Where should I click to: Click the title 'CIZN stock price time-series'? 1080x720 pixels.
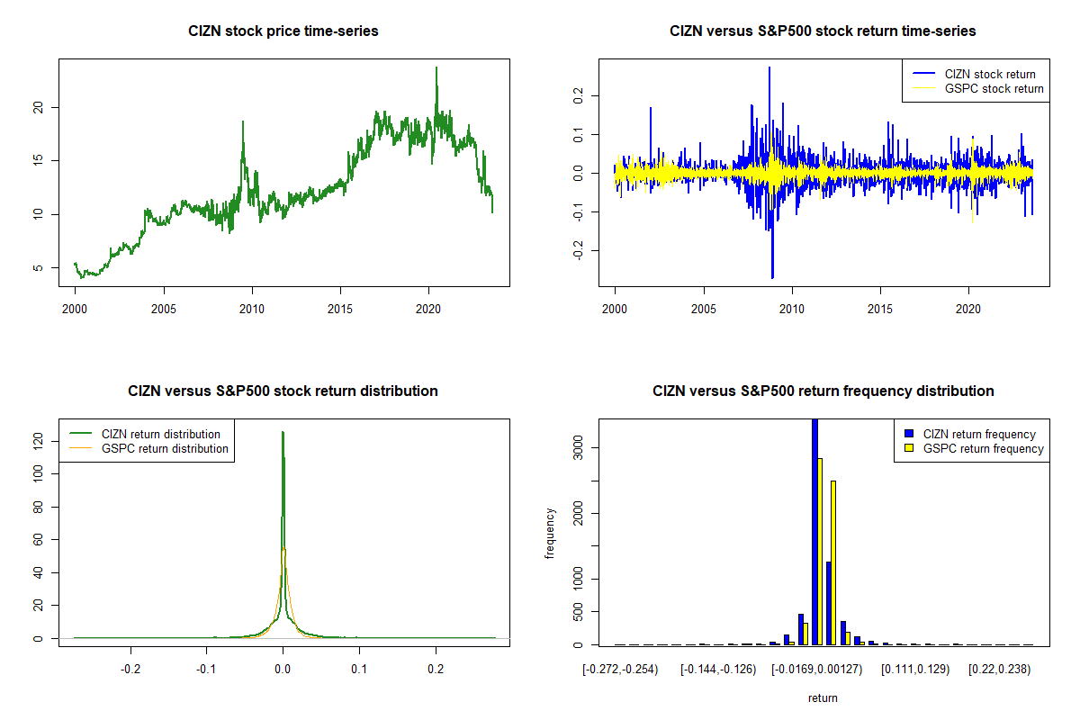coord(283,31)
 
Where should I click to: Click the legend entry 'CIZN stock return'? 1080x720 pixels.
coord(990,74)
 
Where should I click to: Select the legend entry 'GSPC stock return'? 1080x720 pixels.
coord(994,88)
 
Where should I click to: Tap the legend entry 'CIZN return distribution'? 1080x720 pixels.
coord(160,434)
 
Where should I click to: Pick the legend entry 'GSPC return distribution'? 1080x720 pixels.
coord(165,448)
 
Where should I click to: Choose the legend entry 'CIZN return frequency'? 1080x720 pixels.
coord(979,434)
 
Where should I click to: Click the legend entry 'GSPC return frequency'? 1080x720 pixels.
coord(982,448)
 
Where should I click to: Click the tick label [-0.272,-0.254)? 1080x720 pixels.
coord(620,670)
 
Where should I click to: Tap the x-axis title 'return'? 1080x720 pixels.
coord(823,697)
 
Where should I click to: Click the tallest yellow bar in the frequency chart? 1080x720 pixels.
coord(820,551)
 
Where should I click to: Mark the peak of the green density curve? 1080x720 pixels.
coord(283,432)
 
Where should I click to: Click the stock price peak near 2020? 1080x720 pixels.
coord(436,67)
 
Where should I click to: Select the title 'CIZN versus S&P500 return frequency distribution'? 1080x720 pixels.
coord(823,391)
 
